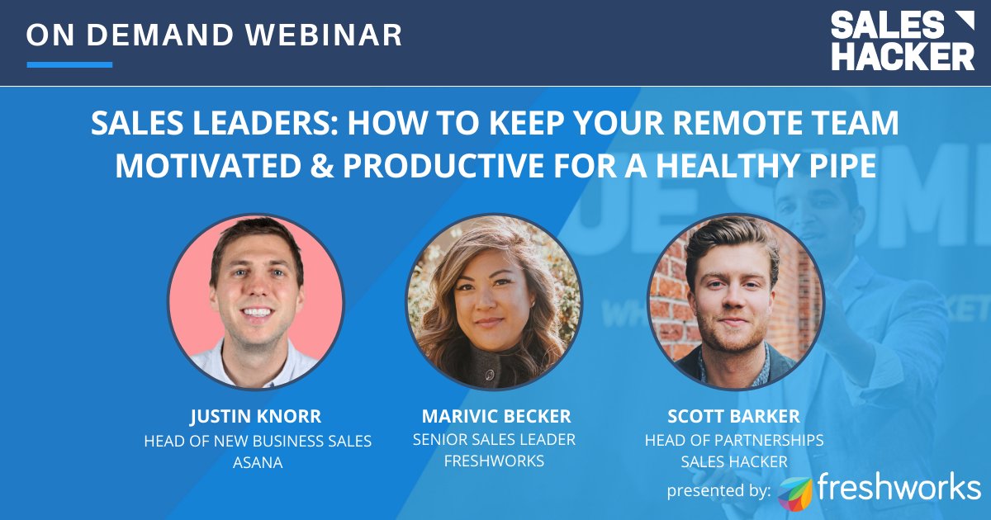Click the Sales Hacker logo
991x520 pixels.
pos(902,40)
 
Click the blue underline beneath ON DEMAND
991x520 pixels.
pos(69,64)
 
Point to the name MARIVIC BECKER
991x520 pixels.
pos(495,415)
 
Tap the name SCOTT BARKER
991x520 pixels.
pos(733,415)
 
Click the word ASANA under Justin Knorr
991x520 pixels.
pos(258,463)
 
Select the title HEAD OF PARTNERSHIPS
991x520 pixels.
pos(733,440)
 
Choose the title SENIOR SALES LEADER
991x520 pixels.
pos(494,440)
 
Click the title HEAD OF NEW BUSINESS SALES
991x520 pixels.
pos(258,441)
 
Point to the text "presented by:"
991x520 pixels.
pos(719,491)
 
